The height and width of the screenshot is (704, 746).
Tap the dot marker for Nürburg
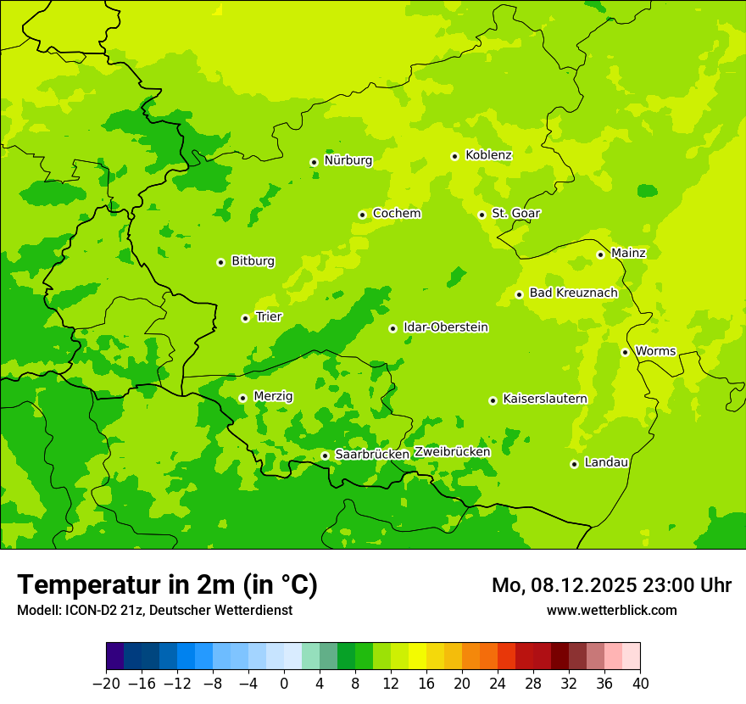(314, 162)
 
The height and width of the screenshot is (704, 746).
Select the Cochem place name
(396, 214)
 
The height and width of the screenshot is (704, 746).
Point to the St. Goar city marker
(482, 215)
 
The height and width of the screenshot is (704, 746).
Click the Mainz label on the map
(628, 254)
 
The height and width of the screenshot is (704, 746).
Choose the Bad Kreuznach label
(573, 293)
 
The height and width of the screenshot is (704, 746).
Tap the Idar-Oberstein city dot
(392, 328)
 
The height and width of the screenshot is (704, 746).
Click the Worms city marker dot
(625, 352)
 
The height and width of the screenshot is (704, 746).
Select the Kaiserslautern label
(544, 399)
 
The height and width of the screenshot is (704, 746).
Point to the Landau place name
(606, 463)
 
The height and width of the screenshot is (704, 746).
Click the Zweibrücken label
(452, 452)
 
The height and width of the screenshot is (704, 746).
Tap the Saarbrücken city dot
(325, 455)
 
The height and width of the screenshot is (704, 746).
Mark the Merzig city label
(273, 397)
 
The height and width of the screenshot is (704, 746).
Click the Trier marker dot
(245, 318)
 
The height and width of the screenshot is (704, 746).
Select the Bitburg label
(253, 261)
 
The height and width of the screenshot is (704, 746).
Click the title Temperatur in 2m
(167, 585)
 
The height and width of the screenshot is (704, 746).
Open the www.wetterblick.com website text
(611, 611)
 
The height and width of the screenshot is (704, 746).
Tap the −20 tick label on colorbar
(106, 684)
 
